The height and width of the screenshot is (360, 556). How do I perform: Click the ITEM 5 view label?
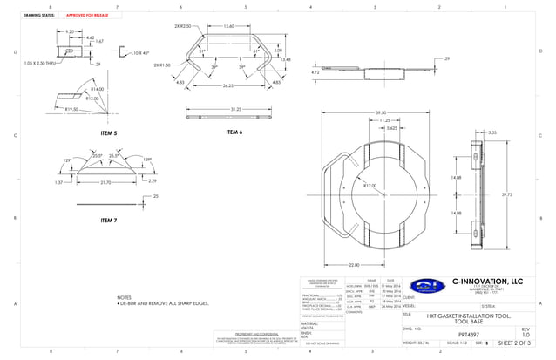(x=108, y=132)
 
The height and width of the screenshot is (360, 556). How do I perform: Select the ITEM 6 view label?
(x=234, y=132)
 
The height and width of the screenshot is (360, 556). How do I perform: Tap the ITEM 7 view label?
(x=107, y=222)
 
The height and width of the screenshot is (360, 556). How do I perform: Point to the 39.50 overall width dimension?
(x=380, y=112)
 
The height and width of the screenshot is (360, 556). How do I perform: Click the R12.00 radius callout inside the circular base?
(x=370, y=186)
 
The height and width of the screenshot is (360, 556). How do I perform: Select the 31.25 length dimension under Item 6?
(x=235, y=110)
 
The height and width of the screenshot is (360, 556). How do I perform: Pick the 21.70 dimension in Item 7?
(x=105, y=182)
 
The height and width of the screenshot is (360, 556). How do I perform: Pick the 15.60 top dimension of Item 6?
(x=228, y=26)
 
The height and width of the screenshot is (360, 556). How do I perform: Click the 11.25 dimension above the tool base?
(x=383, y=120)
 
